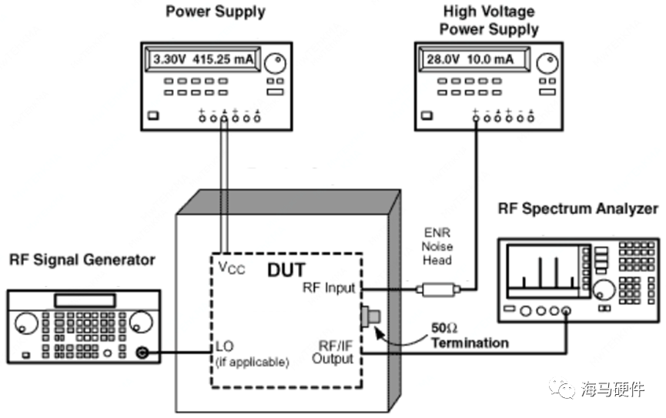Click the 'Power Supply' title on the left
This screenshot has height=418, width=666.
coord(216,12)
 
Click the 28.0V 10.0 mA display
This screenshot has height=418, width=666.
coord(470,59)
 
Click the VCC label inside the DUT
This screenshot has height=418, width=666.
coord(231,270)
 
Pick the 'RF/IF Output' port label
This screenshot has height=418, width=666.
coord(333,352)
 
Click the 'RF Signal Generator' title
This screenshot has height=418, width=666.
coord(82,260)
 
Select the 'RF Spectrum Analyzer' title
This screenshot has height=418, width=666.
coord(577,209)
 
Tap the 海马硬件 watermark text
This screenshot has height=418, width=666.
coord(612,390)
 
